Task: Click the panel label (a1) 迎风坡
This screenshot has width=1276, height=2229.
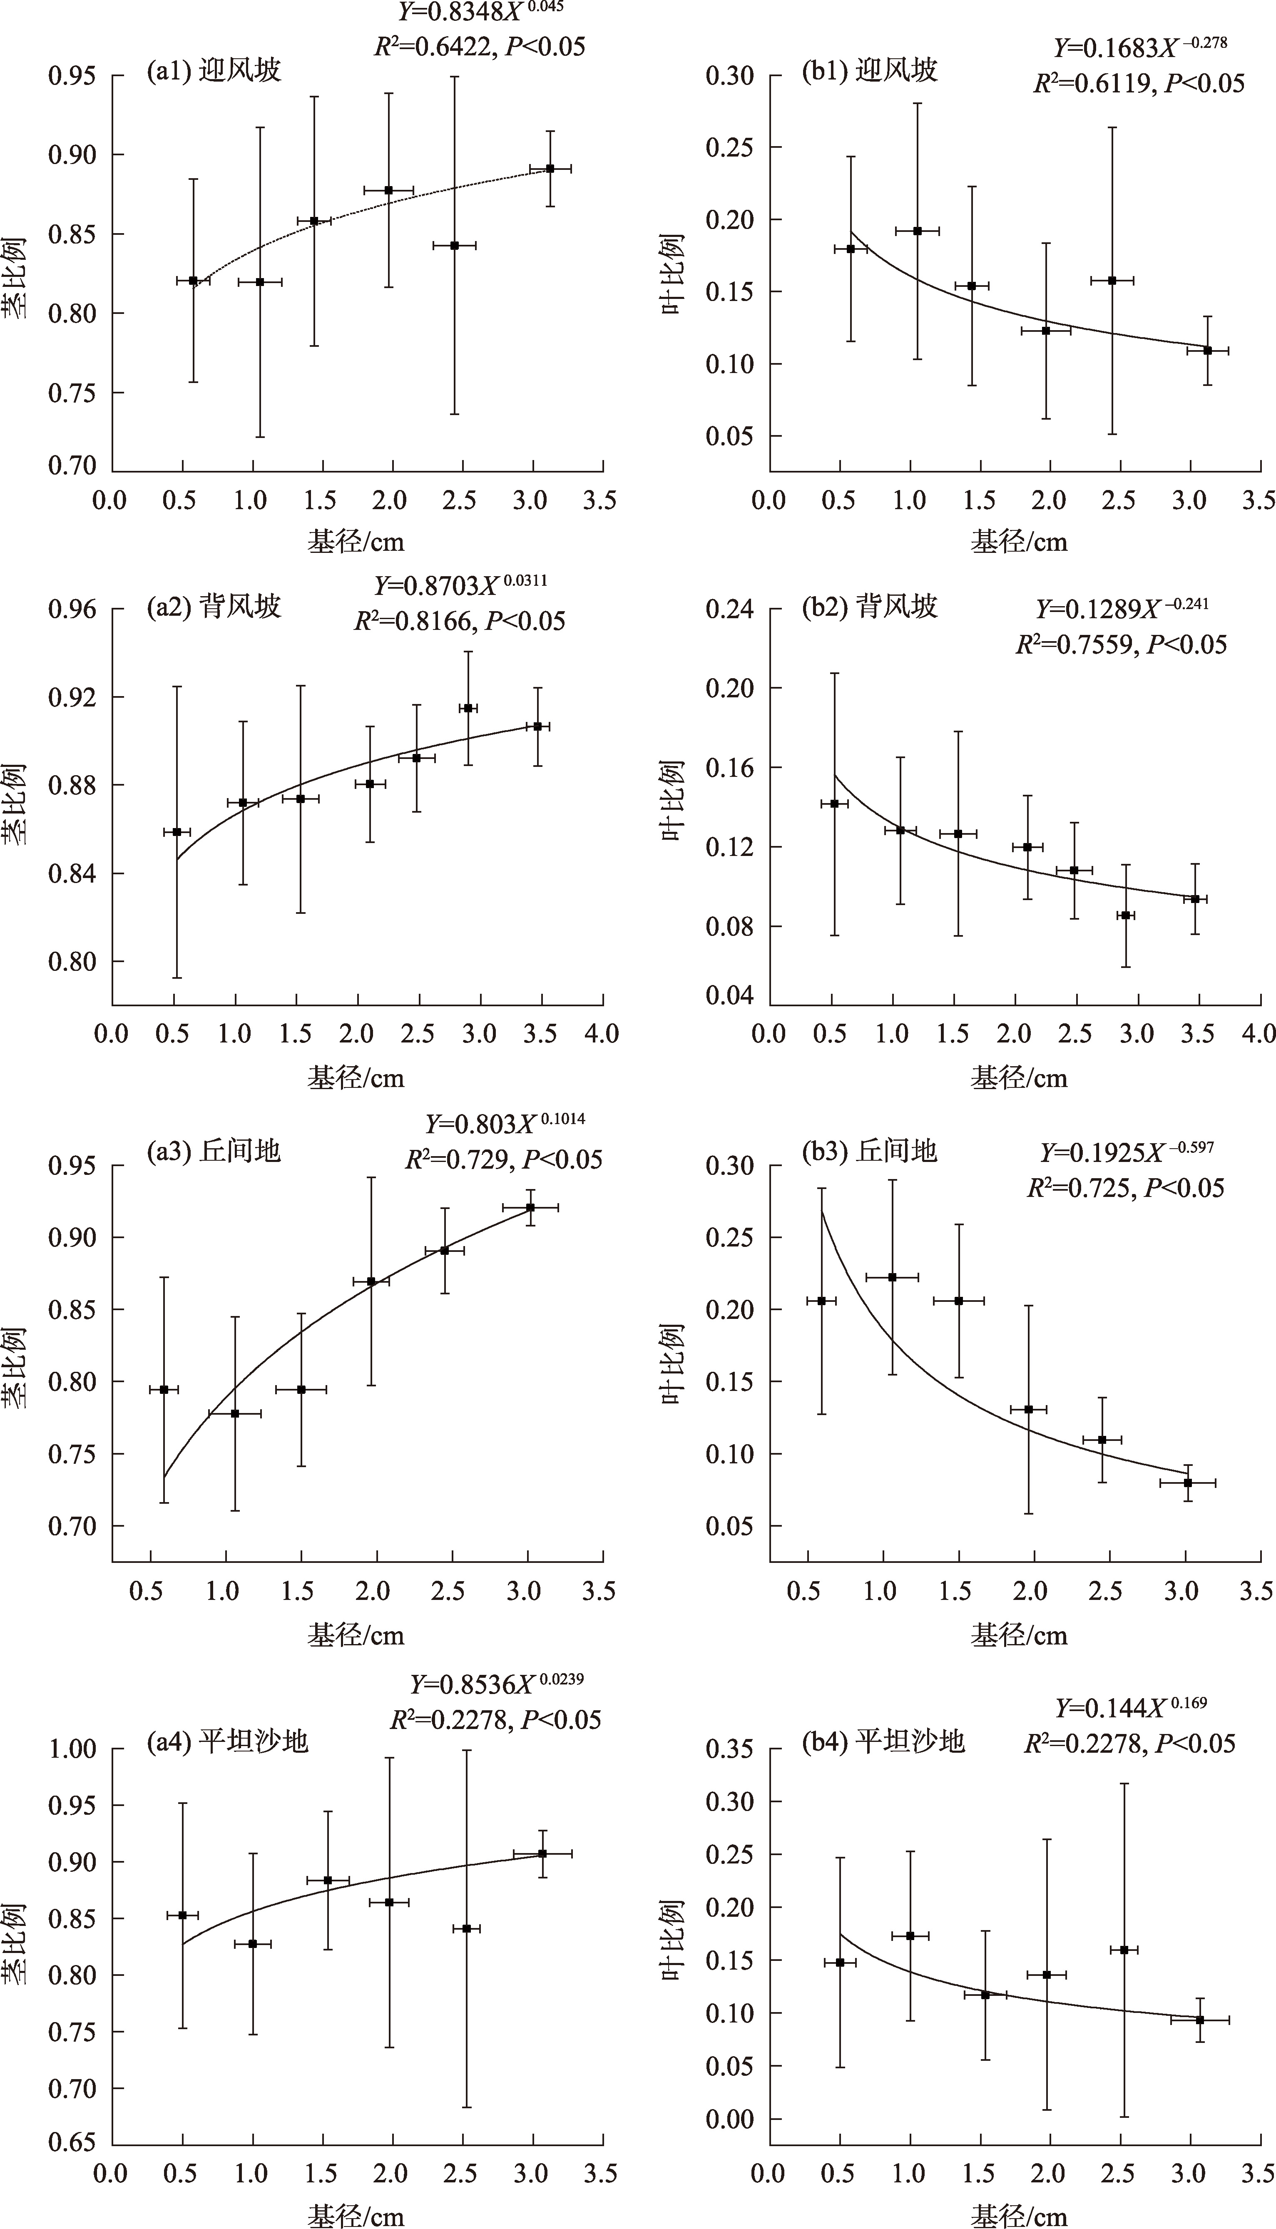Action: click(213, 70)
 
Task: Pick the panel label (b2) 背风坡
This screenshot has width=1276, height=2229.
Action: click(869, 606)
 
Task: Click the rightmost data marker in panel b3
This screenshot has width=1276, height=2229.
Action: click(1187, 1483)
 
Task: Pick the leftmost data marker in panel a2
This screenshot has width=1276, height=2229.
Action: click(177, 831)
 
